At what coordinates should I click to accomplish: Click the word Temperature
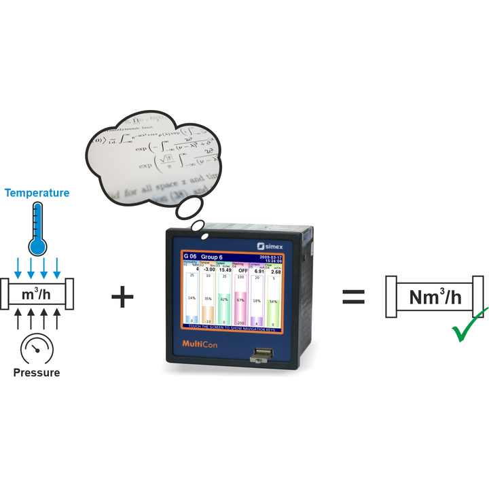[37, 193]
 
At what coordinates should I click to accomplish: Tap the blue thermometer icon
[37, 231]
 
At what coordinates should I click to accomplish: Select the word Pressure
[37, 372]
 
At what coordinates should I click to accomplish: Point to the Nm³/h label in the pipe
[435, 297]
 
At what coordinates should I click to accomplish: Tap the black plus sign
[123, 297]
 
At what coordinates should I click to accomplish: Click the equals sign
[353, 297]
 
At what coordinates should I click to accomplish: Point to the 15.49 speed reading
[225, 270]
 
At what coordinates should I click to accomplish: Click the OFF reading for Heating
[242, 270]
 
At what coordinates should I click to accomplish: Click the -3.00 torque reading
[209, 270]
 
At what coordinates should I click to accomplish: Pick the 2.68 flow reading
[276, 272]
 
